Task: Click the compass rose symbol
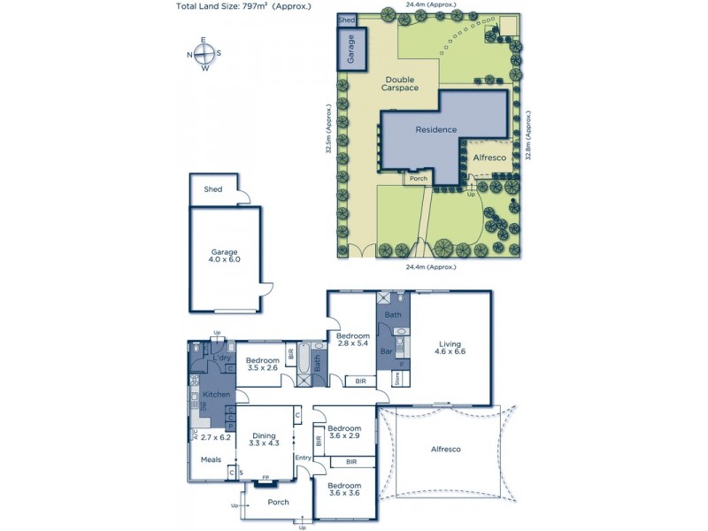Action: coord(204,54)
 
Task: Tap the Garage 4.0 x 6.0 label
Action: coord(225,255)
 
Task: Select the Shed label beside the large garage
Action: coord(213,189)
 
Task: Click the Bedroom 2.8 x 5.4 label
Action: coord(352,338)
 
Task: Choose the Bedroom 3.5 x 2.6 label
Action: coord(262,364)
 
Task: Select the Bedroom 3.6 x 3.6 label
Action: coord(344,489)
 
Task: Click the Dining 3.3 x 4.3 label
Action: coord(265,440)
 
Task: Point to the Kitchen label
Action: coord(217,394)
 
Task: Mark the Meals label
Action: coord(211,459)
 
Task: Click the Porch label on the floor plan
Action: coord(278,502)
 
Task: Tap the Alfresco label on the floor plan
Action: coord(445,450)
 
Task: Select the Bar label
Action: coord(386,351)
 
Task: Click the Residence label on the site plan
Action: coord(436,129)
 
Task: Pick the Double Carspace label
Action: coord(399,83)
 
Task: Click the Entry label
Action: coord(304,458)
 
